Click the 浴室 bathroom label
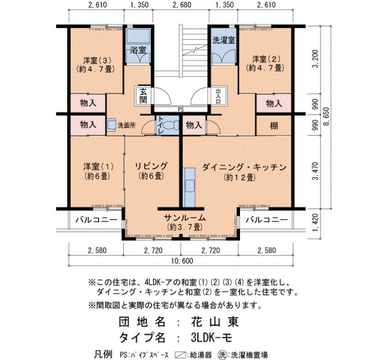point(138,50)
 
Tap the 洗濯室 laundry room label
point(224,40)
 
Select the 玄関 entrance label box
point(143,96)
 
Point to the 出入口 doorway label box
point(218,96)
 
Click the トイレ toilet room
point(167,125)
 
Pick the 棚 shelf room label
point(274,126)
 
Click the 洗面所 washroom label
point(126,126)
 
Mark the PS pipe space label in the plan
point(181,110)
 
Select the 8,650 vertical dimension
point(327,116)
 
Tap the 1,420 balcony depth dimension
point(316,223)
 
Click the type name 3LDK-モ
point(212,337)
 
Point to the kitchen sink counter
point(190,187)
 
